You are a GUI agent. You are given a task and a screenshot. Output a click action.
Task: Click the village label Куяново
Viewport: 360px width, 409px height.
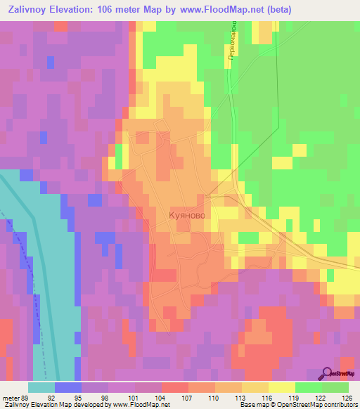pos(188,216)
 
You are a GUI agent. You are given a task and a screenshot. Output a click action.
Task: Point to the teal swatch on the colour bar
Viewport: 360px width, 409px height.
pos(41,387)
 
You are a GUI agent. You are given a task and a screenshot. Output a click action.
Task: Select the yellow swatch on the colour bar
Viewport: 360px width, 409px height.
pos(281,387)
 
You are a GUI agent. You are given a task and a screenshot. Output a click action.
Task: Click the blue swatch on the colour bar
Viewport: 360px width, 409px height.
pos(68,387)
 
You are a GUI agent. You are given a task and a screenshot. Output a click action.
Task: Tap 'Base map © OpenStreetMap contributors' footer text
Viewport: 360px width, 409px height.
pos(297,405)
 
